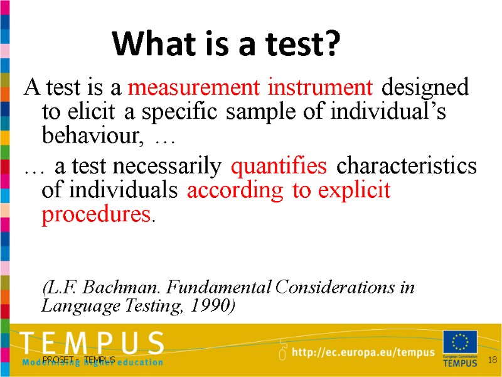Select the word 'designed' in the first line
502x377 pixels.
(425, 87)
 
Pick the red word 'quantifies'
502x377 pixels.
(279, 167)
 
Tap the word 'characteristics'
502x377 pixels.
(407, 167)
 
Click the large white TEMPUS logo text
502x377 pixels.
(92, 343)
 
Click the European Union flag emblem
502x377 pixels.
(460, 342)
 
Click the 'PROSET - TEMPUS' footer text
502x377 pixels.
(79, 359)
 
